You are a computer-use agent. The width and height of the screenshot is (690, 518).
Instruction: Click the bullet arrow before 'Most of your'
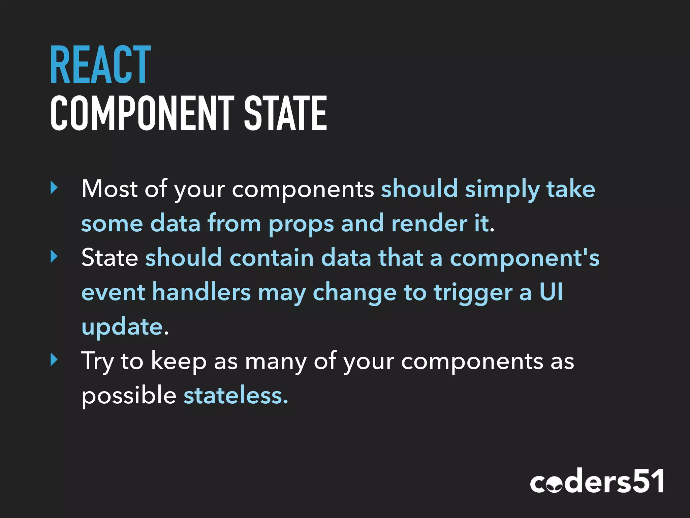pos(54,188)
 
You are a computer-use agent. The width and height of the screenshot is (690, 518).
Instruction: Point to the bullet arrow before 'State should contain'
pos(54,257)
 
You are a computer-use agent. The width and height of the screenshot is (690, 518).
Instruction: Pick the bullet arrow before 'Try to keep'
pos(54,359)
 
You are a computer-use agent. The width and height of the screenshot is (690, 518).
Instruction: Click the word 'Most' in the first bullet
pos(109,189)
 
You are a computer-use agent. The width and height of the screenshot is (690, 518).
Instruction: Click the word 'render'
pos(429,223)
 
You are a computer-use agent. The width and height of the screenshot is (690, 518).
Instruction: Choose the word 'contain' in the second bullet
pos(272,258)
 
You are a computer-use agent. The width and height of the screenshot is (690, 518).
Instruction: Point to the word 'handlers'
pos(201,292)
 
